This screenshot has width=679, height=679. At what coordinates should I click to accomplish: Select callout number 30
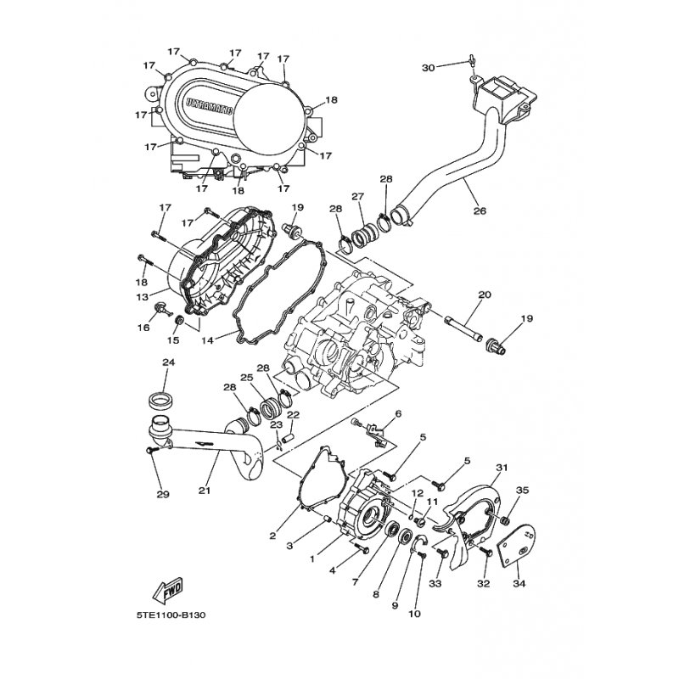point(429,68)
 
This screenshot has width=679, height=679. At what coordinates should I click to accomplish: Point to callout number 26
point(480,210)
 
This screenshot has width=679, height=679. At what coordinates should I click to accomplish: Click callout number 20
point(485,295)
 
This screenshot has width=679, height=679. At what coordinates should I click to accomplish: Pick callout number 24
point(168,362)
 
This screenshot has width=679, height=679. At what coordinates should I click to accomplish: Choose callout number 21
point(205,491)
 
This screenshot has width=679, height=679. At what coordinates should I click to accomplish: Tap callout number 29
point(163,494)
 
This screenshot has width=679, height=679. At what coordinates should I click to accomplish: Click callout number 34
point(519,584)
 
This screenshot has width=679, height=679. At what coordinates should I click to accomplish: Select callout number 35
point(523,491)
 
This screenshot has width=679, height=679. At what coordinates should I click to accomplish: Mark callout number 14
point(207,340)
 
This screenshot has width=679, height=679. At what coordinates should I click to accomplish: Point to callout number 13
point(142,297)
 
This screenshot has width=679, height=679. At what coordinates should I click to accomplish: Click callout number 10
point(414,614)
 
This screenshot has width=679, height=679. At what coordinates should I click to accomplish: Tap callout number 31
point(502,468)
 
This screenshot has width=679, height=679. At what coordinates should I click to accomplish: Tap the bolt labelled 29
point(153,451)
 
